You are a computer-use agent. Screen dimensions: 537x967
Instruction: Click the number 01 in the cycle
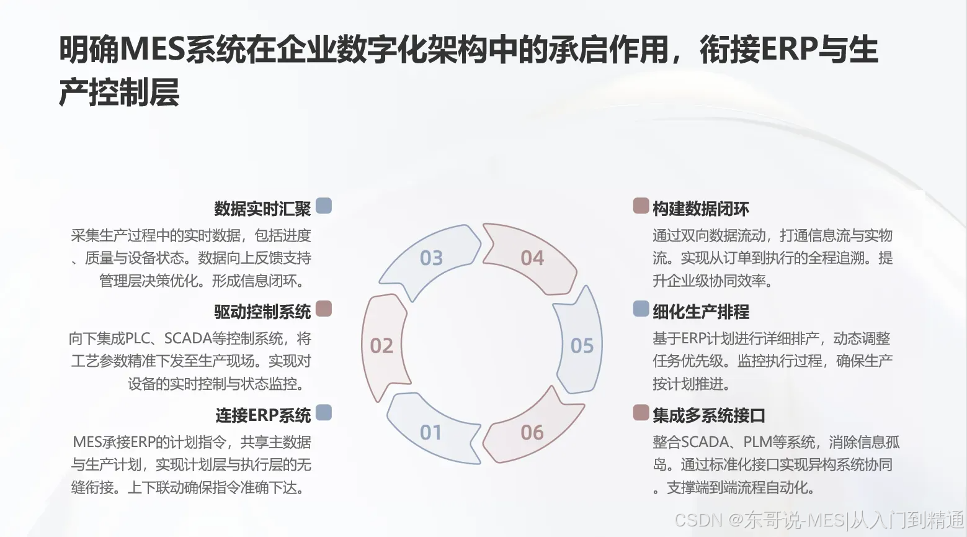pos(430,432)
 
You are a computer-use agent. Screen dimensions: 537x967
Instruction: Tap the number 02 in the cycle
pos(381,346)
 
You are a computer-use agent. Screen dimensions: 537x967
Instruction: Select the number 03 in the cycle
pos(431,258)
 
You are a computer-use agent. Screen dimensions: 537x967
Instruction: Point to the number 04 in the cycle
pos(532,258)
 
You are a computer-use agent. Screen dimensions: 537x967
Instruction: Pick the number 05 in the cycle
pos(582,346)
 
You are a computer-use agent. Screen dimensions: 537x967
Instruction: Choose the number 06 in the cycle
pos(532,432)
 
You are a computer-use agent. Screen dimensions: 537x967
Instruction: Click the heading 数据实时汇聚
pos(262,209)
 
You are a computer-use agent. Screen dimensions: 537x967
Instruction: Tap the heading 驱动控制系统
pos(262,312)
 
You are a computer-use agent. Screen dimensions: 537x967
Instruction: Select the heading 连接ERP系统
pos(263,415)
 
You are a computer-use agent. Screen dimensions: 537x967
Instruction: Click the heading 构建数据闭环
pos(701,209)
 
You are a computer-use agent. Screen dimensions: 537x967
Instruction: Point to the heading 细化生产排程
pos(701,312)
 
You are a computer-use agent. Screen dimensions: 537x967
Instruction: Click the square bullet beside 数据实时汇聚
pos(324,206)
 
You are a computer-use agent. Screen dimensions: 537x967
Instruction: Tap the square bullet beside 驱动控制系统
pos(324,309)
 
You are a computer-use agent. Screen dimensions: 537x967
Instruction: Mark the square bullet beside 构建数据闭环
pos(641,206)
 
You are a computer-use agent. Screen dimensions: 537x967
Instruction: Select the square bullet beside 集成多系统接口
pos(641,412)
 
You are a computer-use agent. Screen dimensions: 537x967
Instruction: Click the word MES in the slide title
pos(152,50)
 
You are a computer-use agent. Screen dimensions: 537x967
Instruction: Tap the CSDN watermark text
pos(698,520)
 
